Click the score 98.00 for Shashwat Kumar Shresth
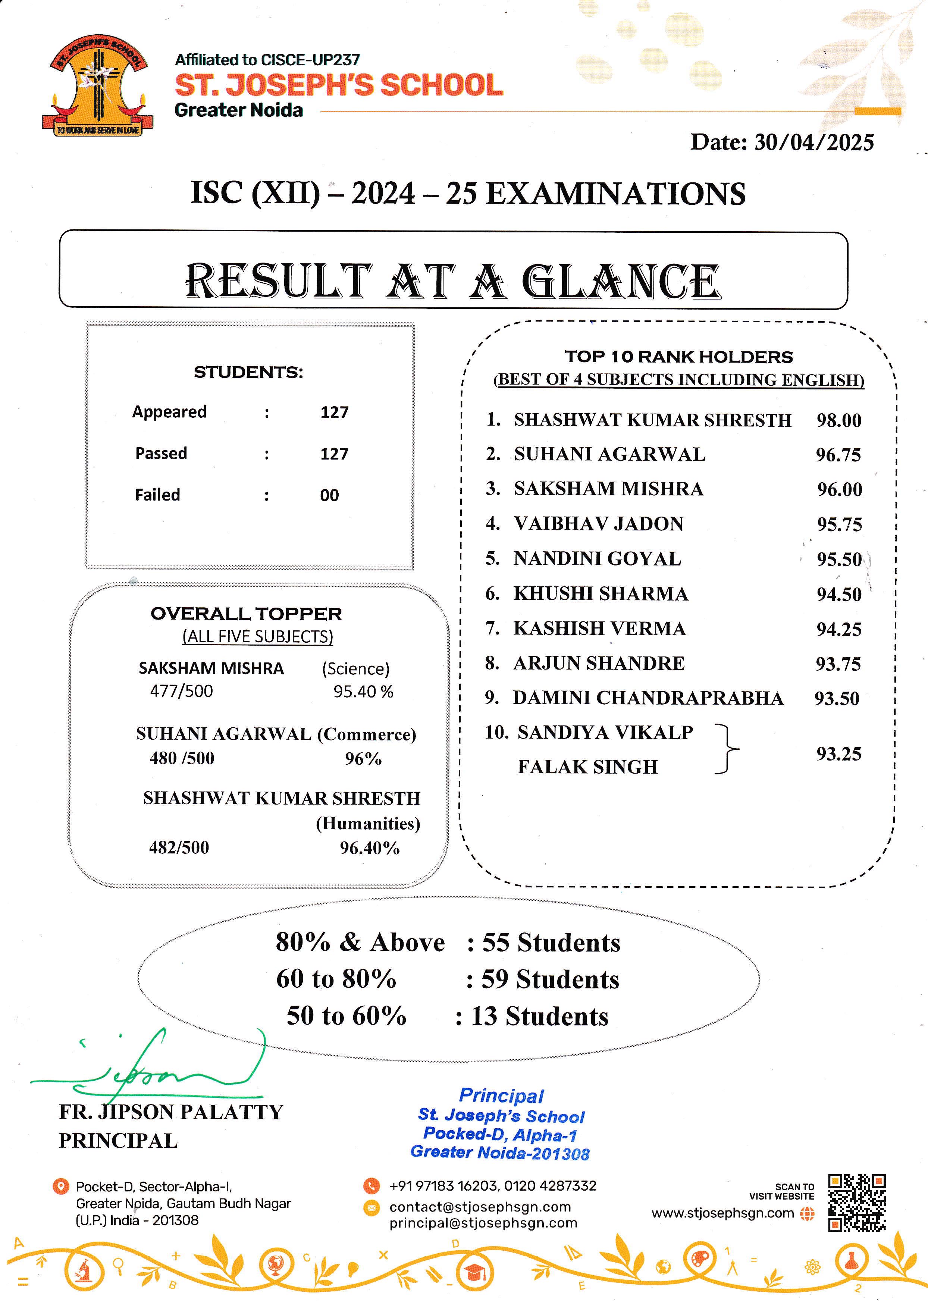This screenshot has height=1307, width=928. [838, 421]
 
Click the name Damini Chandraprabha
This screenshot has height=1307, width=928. [648, 698]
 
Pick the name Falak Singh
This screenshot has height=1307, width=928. [587, 767]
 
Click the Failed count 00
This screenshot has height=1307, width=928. [329, 495]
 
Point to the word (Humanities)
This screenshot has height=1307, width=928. [368, 824]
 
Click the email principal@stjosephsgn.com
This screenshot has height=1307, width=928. [483, 1223]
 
